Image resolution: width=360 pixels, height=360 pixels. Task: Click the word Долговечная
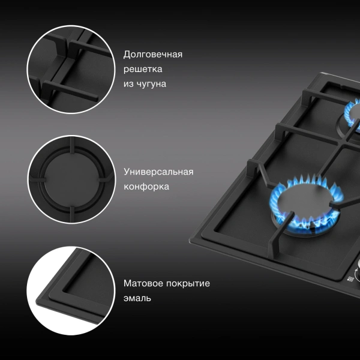153,55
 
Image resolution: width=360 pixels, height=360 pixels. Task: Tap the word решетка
143,69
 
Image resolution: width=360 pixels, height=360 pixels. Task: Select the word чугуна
151,84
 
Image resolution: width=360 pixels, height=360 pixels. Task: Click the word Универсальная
158,172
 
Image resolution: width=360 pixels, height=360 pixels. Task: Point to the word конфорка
146,187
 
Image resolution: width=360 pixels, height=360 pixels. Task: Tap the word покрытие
188,284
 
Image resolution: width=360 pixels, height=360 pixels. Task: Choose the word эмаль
137,298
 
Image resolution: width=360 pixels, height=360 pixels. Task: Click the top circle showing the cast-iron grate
71,70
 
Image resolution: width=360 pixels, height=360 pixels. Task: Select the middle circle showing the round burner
71,179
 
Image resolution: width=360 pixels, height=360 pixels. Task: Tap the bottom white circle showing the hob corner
71,290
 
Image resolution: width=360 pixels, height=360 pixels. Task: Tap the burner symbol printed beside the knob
350,279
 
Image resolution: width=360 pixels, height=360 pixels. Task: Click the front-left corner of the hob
190,240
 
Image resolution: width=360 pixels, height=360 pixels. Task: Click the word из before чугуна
128,84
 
